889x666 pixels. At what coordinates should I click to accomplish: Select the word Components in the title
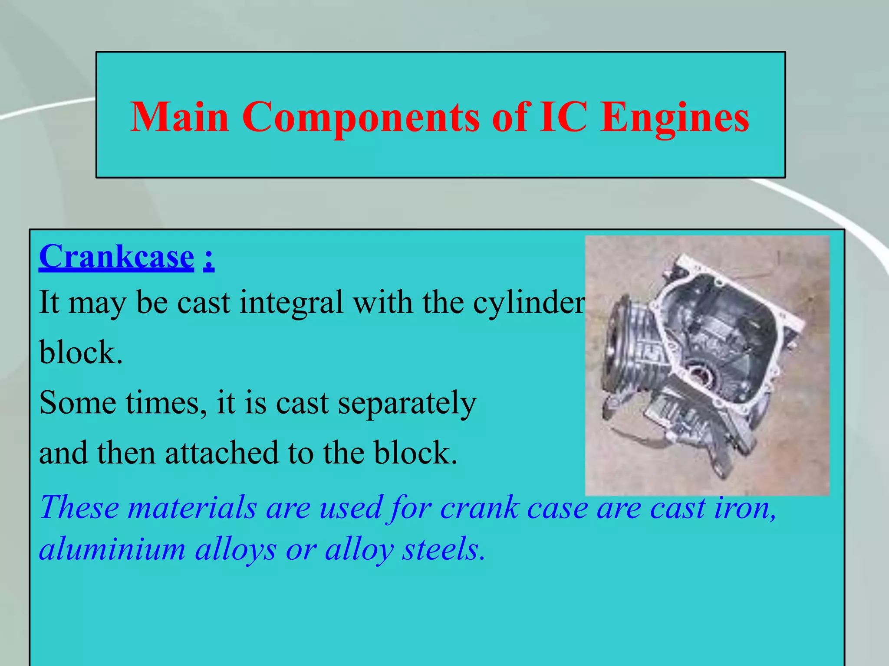tap(360, 117)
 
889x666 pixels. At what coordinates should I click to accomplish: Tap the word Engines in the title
tap(675, 117)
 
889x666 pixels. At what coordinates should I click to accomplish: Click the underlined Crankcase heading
tap(116, 257)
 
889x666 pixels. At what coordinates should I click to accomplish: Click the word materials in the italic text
tap(192, 507)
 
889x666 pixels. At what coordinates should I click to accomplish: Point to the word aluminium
tap(112, 549)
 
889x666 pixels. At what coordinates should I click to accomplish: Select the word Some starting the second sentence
tap(77, 402)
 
